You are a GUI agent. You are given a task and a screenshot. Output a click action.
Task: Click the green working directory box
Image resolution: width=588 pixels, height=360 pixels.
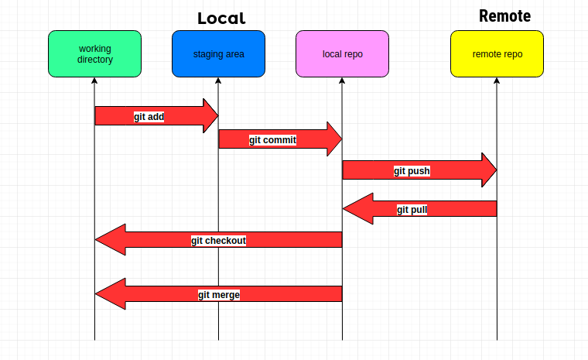(x=94, y=54)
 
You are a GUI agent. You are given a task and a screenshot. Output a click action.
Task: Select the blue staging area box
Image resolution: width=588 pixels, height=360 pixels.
(x=218, y=54)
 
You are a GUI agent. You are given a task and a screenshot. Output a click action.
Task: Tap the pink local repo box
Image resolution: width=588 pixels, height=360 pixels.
(x=342, y=54)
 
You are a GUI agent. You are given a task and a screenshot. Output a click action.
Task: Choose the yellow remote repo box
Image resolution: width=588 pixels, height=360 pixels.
(x=497, y=54)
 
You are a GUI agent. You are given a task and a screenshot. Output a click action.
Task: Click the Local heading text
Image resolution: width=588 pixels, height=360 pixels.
(x=221, y=19)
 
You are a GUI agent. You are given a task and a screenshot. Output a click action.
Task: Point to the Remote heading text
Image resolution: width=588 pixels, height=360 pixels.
(x=504, y=16)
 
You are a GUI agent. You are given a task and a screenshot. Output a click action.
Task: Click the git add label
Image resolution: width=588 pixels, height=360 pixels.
(x=149, y=117)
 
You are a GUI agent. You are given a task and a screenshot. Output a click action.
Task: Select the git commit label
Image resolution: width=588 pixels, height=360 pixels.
(x=272, y=140)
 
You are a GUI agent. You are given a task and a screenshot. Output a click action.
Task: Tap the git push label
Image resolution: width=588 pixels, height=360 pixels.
(x=412, y=171)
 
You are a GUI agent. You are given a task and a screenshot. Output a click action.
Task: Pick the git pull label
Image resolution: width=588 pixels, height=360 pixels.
(x=412, y=210)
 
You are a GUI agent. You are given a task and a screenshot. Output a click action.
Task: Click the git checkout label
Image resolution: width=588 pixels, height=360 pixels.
(x=218, y=241)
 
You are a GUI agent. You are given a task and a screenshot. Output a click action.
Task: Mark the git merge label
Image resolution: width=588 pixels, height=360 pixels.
(x=218, y=295)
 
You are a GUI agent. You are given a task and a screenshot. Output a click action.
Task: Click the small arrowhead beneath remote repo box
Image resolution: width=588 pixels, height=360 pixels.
(x=497, y=81)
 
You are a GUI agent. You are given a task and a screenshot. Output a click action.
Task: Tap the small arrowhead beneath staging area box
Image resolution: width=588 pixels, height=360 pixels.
(x=218, y=81)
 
